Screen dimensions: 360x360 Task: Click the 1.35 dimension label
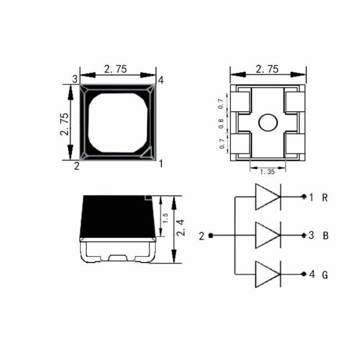pyautogui.click(x=268, y=172)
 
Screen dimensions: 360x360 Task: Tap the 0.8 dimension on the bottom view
pyautogui.click(x=221, y=124)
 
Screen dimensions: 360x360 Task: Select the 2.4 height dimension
pyautogui.click(x=181, y=228)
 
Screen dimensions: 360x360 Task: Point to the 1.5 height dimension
pyautogui.click(x=165, y=218)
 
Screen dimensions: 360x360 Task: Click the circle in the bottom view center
pyautogui.click(x=268, y=122)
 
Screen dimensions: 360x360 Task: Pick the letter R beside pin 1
pyautogui.click(x=325, y=198)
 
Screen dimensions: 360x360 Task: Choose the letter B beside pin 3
pyautogui.click(x=325, y=236)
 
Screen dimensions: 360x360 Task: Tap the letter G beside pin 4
pyautogui.click(x=325, y=275)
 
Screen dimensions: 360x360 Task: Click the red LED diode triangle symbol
pyautogui.click(x=268, y=197)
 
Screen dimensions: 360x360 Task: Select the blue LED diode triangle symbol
pyautogui.click(x=268, y=235)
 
